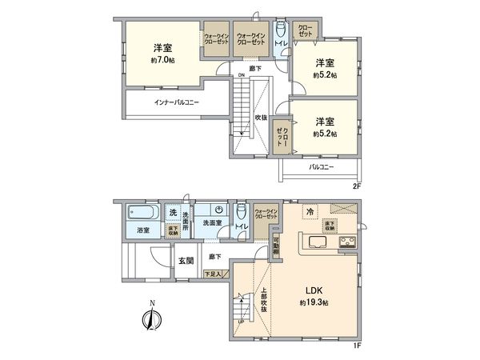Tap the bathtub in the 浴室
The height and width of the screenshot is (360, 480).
(x=138, y=214)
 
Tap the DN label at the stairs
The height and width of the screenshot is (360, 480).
(x=240, y=77)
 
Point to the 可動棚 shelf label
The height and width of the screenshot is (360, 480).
(x=276, y=245)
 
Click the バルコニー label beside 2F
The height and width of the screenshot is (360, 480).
(x=322, y=168)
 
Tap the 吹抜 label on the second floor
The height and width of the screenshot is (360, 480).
(x=261, y=118)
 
